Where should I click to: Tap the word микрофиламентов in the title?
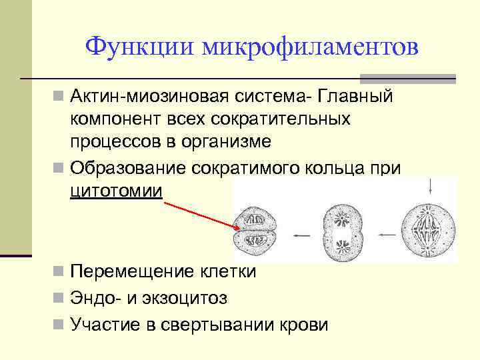tap(311, 47)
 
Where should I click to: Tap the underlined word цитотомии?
tap(116, 191)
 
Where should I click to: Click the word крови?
tap(305, 325)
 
